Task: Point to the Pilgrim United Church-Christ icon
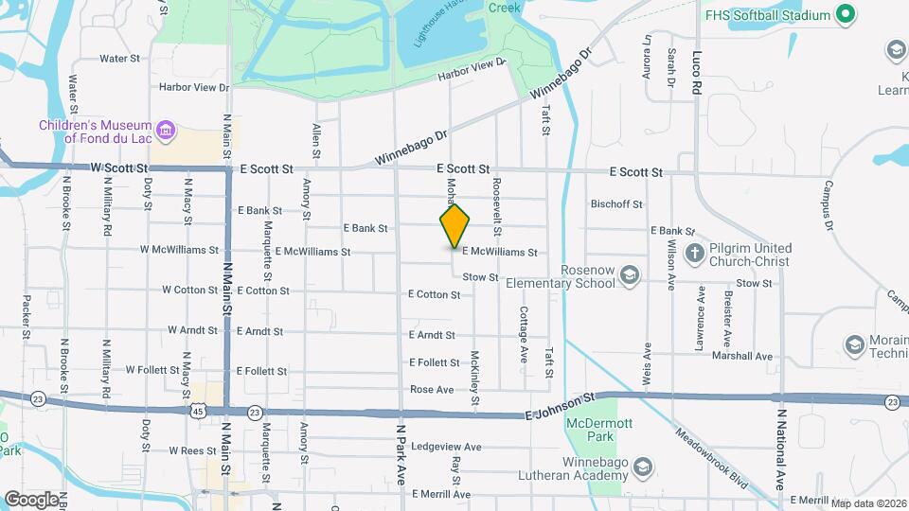coord(694,254)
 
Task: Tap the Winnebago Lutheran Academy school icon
coord(643,467)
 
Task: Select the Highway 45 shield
coord(197,411)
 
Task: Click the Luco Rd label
coord(698,71)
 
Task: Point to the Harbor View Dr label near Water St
coord(194,88)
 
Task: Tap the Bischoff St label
coord(616,203)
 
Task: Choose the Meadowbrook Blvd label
coord(711,458)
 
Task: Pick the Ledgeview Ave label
coord(446,447)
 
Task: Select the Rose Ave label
coord(432,389)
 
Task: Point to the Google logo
coord(31,499)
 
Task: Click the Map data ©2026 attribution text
coord(868,503)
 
